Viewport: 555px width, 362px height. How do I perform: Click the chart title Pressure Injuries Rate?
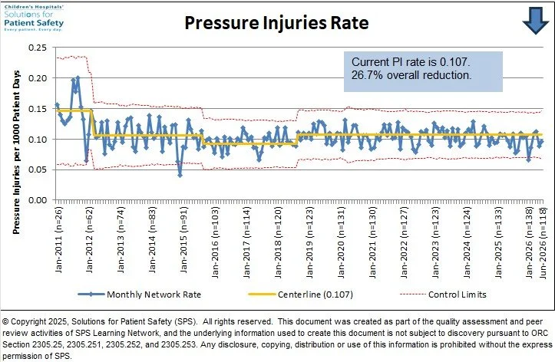[276, 23]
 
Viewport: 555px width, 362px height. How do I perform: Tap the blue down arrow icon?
[536, 21]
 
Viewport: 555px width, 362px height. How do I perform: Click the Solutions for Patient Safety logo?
[34, 18]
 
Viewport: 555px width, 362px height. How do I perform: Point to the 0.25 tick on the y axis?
[38, 48]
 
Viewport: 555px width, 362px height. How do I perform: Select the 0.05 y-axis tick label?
[38, 169]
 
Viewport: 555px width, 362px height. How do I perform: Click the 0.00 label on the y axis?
[38, 200]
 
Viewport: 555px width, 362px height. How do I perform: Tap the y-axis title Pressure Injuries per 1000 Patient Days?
[16, 153]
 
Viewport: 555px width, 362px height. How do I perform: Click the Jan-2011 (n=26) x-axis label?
[59, 240]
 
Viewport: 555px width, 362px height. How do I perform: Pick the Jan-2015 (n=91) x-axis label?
[183, 240]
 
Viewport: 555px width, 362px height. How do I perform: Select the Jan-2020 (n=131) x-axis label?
[341, 242]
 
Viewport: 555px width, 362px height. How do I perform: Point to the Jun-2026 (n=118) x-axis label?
[543, 242]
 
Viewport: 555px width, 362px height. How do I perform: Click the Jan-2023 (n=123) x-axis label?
[435, 242]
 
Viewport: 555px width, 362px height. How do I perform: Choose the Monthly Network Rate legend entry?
[140, 295]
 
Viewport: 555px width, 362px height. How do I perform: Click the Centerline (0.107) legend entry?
[301, 295]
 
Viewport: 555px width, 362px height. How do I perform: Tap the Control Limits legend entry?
[443, 295]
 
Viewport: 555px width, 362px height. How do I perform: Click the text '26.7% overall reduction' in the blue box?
[411, 75]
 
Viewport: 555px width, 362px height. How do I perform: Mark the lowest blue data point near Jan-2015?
[180, 175]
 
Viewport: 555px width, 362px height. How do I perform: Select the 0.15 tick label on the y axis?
[38, 109]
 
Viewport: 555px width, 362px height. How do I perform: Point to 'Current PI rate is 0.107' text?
[411, 62]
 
